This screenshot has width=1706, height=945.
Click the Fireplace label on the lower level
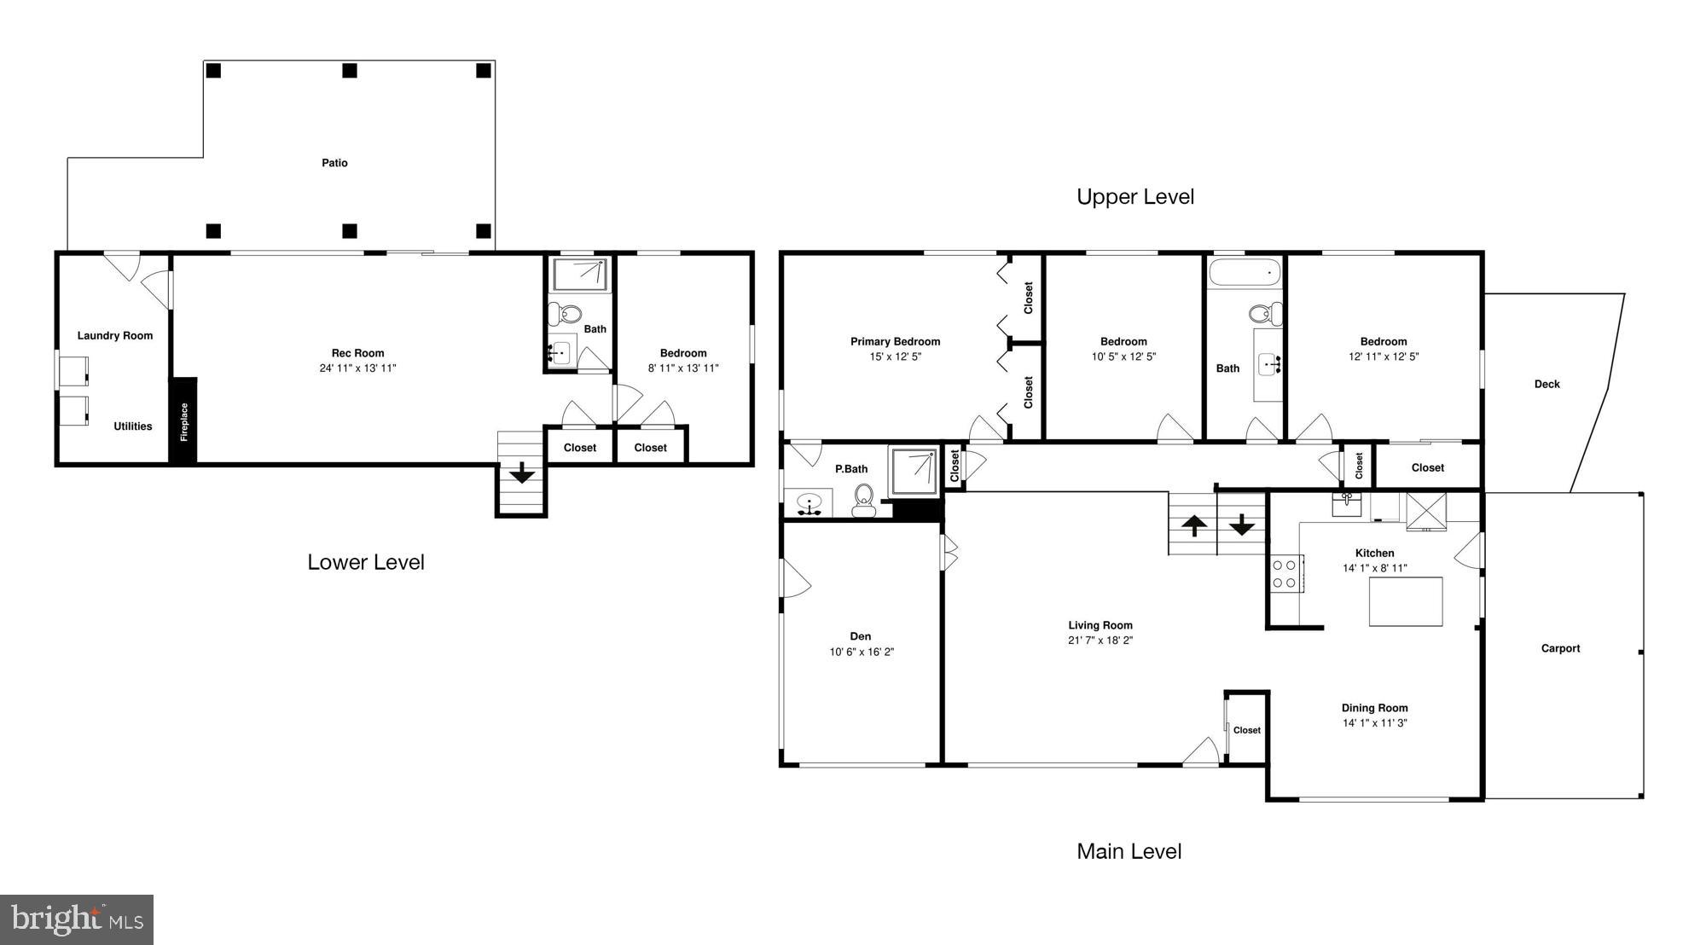tap(183, 422)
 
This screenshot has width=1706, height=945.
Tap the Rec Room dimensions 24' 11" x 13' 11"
tap(357, 368)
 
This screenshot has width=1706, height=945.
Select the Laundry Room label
tap(115, 335)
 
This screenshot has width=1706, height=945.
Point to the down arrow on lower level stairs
tap(521, 472)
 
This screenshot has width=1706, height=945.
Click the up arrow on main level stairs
tap(1193, 525)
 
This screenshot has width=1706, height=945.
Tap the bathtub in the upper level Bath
tap(1245, 273)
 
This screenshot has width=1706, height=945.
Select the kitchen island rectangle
tap(1406, 601)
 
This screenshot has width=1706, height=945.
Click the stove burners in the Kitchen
tap(1284, 573)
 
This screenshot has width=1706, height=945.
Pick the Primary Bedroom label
tap(895, 341)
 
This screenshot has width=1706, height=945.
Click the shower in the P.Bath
tap(914, 472)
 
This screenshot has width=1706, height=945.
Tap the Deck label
tap(1546, 384)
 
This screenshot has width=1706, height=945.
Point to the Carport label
tap(1560, 648)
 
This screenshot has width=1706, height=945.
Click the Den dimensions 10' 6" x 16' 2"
tap(862, 652)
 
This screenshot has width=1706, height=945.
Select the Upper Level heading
tap(1134, 197)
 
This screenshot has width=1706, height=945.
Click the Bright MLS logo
tap(77, 919)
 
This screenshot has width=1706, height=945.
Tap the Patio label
tap(334, 163)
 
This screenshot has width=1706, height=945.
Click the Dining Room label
tap(1374, 708)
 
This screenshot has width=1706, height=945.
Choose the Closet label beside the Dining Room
tap(1246, 730)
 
